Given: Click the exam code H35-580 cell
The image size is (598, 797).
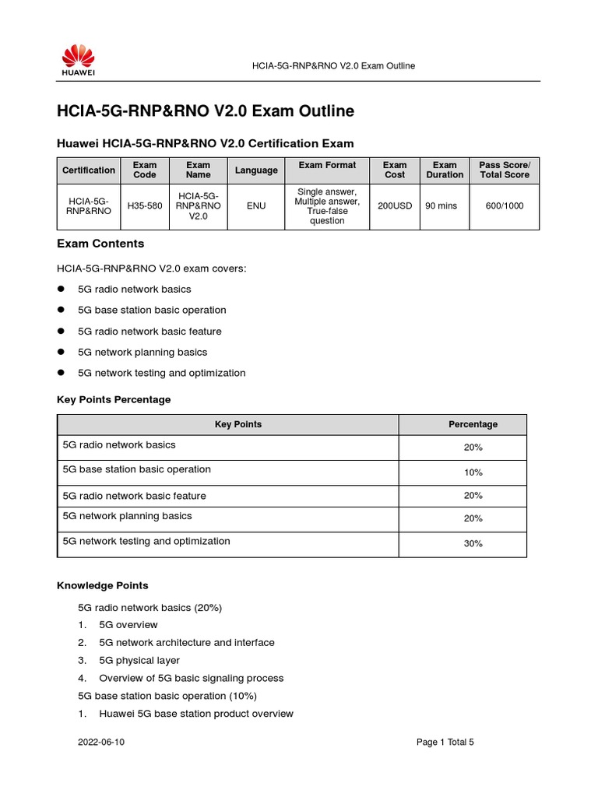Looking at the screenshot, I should (144, 206).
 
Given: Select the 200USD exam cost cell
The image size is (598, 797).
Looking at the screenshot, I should (394, 206).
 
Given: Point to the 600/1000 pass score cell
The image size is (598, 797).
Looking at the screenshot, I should (504, 206).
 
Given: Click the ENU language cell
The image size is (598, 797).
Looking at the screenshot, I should (255, 206).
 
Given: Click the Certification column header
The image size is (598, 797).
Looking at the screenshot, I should (89, 170).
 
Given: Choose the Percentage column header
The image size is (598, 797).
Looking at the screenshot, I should (473, 424).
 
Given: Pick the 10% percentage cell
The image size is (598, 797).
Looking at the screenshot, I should (473, 472).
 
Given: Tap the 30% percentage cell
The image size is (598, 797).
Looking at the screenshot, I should (473, 544).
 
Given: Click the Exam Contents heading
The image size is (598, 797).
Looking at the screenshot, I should (100, 244).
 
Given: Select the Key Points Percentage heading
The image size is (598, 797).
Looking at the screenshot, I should (114, 399).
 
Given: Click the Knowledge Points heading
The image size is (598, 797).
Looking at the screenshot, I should (103, 585).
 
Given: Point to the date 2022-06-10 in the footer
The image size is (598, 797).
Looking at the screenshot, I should (101, 743).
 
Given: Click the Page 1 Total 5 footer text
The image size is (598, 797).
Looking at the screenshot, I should (445, 743).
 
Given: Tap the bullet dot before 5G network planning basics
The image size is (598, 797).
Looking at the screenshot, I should (61, 352).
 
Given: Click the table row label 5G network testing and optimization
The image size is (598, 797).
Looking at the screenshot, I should (146, 541).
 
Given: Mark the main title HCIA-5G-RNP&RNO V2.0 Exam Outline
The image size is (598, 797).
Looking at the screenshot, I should (206, 111).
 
